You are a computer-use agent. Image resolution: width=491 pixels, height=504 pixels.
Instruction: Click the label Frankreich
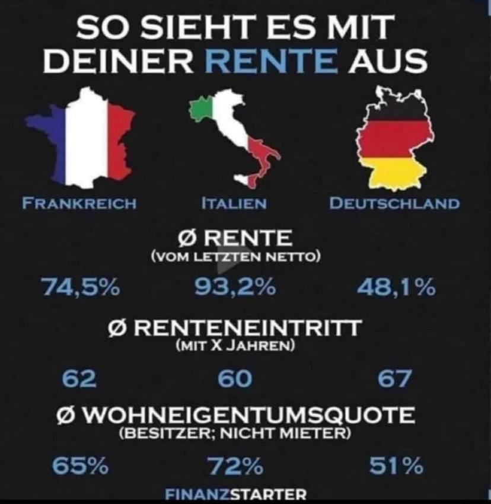79,203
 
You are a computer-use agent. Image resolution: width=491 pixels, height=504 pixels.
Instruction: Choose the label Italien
233,203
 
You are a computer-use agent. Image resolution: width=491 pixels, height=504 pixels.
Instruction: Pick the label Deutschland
394,203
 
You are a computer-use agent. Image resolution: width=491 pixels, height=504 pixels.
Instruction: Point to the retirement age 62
79,378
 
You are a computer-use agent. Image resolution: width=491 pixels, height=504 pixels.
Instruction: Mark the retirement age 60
235,378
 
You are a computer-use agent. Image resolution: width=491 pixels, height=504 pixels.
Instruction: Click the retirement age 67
394,378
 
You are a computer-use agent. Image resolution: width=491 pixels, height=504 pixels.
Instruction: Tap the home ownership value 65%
80,467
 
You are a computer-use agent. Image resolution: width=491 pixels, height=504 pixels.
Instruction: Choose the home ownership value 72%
235,467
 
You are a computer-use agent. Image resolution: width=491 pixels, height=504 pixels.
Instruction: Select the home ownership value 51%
396,467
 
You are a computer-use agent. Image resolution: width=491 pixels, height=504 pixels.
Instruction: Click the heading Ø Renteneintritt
235,327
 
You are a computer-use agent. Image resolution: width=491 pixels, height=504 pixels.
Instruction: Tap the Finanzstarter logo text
237,493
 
